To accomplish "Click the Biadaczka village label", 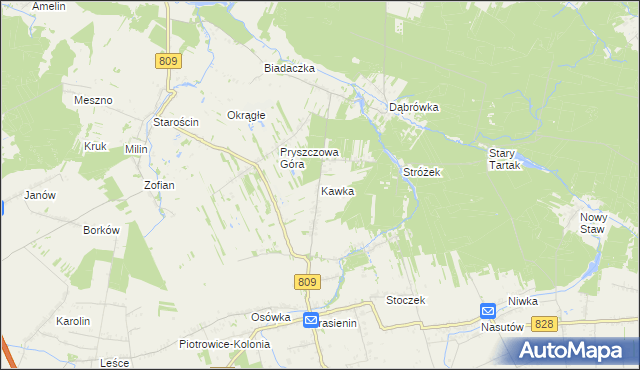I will point(289,68).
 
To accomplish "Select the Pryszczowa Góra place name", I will point(309,157).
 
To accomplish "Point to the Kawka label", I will point(337,190).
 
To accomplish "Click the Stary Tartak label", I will point(505,159).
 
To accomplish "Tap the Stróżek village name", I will point(422,172).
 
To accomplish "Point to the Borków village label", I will point(102,229).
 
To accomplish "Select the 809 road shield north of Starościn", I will point(168,61).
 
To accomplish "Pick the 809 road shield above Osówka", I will point(307,283).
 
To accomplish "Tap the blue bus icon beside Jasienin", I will point(311,321).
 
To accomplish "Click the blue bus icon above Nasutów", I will point(487,311).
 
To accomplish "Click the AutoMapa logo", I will point(576,350).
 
